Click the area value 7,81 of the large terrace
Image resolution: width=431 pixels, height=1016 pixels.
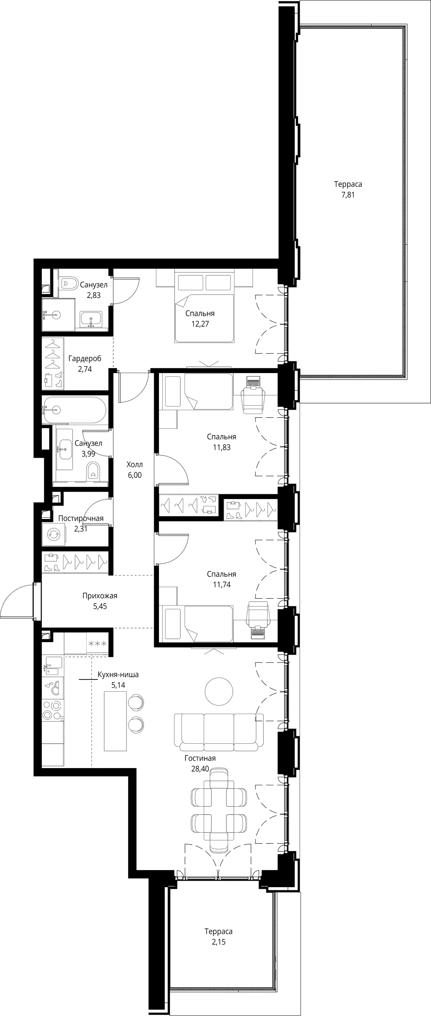click(348, 195)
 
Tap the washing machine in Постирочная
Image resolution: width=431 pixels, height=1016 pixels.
click(53, 534)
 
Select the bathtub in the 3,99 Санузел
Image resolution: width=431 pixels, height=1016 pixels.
click(74, 410)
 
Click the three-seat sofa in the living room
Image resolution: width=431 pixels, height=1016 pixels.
click(219, 732)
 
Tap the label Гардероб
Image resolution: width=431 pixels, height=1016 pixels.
click(85, 359)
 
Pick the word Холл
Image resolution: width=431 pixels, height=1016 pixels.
click(135, 465)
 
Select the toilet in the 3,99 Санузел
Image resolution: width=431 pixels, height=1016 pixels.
click(94, 471)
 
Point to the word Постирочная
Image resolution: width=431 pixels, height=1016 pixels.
click(81, 519)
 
